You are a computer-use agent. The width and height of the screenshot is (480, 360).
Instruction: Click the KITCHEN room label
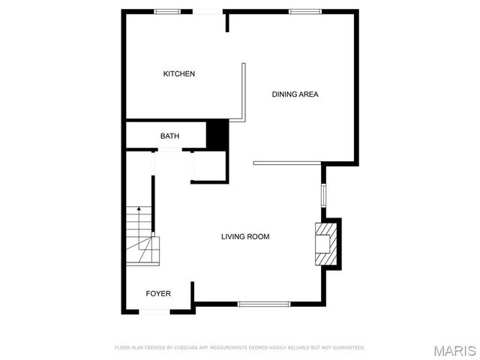pos(179,73)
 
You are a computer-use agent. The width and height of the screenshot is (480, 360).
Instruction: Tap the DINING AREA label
pos(295,94)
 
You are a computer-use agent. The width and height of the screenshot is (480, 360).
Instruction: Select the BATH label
pos(169,136)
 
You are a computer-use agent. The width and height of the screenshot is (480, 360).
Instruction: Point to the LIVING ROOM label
pos(244,237)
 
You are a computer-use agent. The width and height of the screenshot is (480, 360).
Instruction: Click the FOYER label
pos(157,293)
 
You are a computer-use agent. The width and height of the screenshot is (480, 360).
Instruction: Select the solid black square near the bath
pos(217,134)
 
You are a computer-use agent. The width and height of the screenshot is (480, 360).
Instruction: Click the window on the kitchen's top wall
pos(168,11)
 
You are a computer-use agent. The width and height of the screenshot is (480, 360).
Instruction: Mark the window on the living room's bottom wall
pos(259,304)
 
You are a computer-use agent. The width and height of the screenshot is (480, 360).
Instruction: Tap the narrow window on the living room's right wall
pos(324,194)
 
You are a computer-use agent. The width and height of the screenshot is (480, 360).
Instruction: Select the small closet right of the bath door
pos(209,166)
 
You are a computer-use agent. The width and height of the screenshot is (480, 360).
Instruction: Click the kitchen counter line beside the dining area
pos(244,91)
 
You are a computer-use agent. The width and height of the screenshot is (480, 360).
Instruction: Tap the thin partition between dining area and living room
pos(288,163)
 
